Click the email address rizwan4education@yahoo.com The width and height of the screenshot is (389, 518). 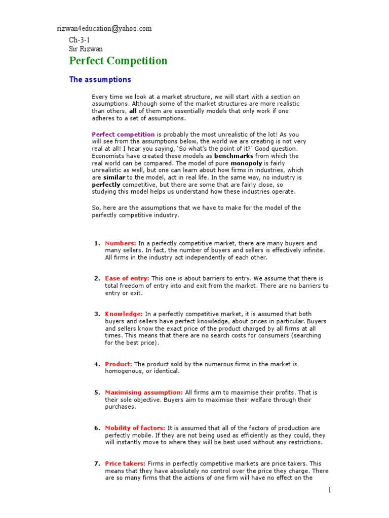104,29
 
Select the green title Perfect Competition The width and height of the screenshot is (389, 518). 118,61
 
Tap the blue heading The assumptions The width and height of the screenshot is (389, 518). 100,79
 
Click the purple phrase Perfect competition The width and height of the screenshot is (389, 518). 123,135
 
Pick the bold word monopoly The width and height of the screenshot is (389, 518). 246,163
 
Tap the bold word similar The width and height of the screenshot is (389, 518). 114,178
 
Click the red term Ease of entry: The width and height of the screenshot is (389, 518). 127,279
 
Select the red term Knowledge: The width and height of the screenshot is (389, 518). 124,314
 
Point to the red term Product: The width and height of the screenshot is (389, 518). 119,364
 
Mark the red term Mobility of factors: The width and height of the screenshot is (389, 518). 135,428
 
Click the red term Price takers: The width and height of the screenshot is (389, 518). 125,463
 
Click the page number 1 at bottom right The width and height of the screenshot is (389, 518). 329,490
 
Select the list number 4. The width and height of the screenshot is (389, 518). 96,364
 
